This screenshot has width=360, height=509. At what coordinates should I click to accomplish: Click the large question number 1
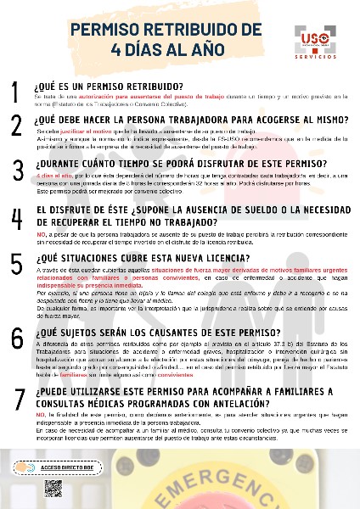click(16, 92)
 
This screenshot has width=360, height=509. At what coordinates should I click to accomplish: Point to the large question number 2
click(16, 126)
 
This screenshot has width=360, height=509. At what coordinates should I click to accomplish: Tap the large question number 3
click(17, 171)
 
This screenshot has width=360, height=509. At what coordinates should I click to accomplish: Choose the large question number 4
click(17, 217)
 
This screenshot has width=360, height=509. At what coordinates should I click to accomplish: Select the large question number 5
click(17, 266)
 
